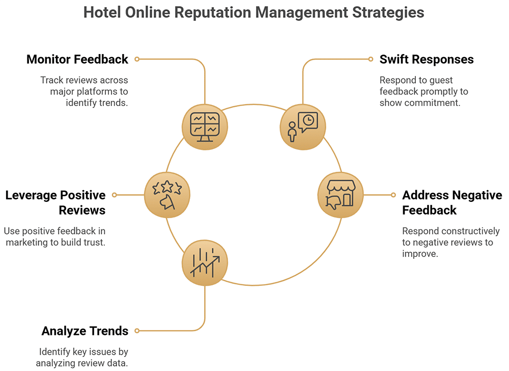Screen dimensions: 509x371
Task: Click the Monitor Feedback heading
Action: click(77, 60)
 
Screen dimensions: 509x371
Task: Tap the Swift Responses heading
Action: click(427, 60)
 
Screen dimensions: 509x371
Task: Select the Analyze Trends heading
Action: click(85, 331)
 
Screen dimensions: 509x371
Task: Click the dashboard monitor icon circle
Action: click(205, 127)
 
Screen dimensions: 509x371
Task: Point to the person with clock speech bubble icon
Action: click(303, 127)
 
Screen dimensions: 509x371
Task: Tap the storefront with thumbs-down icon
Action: click(341, 195)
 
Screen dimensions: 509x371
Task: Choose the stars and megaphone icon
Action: click(167, 195)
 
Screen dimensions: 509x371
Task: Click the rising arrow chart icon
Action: click(205, 263)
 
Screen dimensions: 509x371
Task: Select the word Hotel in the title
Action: click(103, 13)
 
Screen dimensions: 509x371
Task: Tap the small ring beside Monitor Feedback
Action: click(137, 59)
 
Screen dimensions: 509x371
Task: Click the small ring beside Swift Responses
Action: click(371, 59)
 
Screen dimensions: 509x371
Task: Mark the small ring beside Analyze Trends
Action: click(137, 331)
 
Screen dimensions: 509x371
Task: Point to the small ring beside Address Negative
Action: click(393, 195)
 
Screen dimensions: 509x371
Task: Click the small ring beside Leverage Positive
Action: click(114, 195)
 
